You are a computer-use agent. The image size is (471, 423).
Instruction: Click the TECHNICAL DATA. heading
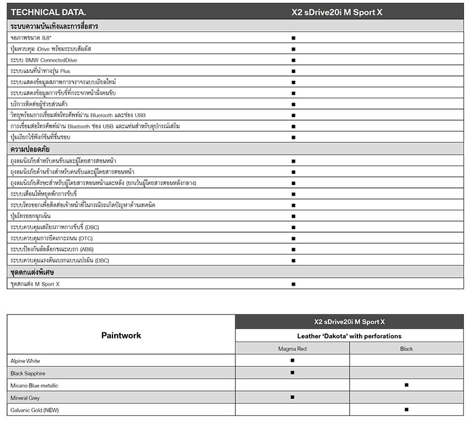pos(48,12)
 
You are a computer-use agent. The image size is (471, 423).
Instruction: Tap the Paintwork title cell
pos(121,335)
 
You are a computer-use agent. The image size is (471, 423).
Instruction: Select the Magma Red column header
pos(292,349)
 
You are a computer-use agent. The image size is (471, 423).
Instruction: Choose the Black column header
pos(406,349)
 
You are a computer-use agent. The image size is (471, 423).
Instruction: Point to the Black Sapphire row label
pos(28,373)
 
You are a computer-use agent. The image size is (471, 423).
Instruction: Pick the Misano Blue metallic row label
pos(34,385)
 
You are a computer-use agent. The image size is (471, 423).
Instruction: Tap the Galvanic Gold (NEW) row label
pos(34,409)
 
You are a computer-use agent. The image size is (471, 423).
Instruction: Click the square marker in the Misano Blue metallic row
pos(406,385)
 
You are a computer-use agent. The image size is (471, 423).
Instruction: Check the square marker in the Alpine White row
pos(292,360)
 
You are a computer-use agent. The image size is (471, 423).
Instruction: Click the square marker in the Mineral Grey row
pos(292,397)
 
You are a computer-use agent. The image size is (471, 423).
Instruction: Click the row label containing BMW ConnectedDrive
pos(44,60)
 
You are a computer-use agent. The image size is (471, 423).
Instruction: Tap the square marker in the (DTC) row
pos(293,238)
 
